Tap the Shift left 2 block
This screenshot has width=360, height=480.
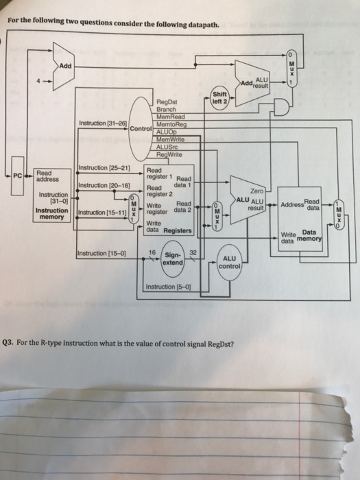pos(219,99)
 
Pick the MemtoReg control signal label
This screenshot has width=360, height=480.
pos(171,123)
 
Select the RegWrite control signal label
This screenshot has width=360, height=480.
pos(170,154)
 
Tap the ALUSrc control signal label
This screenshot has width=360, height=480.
pos(169,146)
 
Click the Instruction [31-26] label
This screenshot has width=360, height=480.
pos(104,123)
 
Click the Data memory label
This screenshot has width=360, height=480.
pos(310,236)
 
